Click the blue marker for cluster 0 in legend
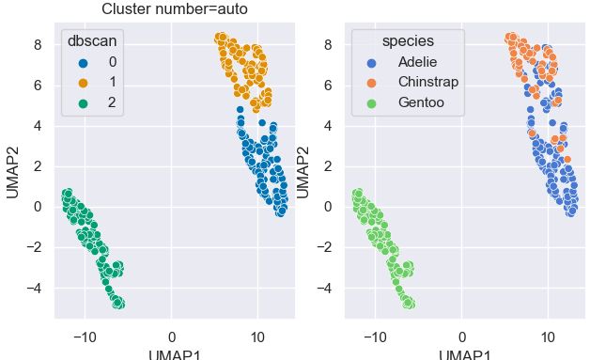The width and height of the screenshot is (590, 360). tap(82, 62)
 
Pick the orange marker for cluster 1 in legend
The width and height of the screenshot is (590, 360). tap(82, 82)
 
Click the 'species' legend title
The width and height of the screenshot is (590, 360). tap(407, 41)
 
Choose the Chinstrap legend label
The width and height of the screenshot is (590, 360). tap(428, 82)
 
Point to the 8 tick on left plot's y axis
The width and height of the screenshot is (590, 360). tap(37, 44)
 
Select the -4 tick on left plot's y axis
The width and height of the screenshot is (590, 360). tap(33, 289)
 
